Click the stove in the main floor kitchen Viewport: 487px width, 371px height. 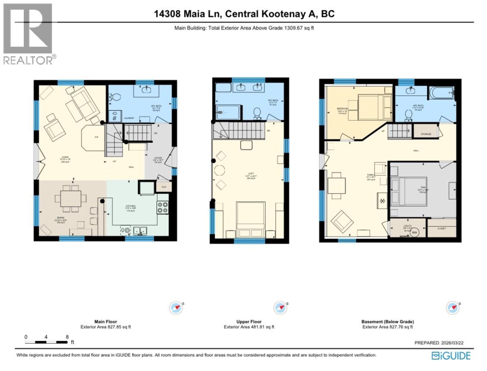coord(162,207)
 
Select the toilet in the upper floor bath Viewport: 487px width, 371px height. coord(256,113)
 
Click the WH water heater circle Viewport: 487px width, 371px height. coord(414,232)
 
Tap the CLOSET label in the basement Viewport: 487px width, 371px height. coord(441,228)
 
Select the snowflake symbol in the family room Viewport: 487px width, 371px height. coord(382,201)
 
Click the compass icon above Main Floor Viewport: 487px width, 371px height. coord(176,308)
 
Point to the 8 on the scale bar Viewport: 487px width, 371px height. coord(67,336)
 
